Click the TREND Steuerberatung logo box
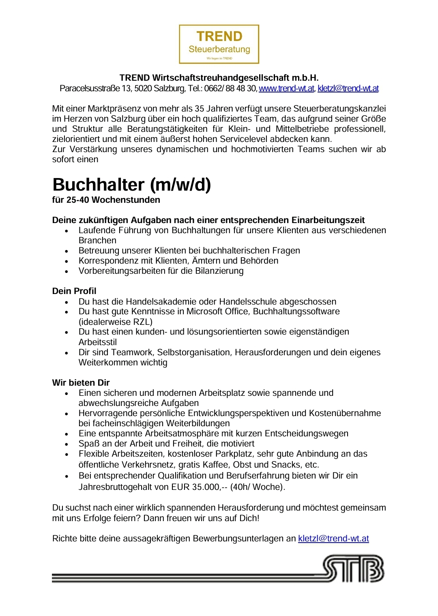pos(219,44)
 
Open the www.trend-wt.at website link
pos(286,88)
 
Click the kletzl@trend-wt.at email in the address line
pos(348,88)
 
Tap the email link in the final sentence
pos(333,539)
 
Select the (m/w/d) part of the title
pos(180,185)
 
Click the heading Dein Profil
pos(74,291)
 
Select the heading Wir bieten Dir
pos(81,383)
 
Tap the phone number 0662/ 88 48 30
pos(230,88)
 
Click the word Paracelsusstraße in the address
pos(90,88)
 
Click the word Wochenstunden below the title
pos(126,200)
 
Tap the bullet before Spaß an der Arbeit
pos(67,444)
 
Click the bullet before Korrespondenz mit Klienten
pos(67,261)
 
